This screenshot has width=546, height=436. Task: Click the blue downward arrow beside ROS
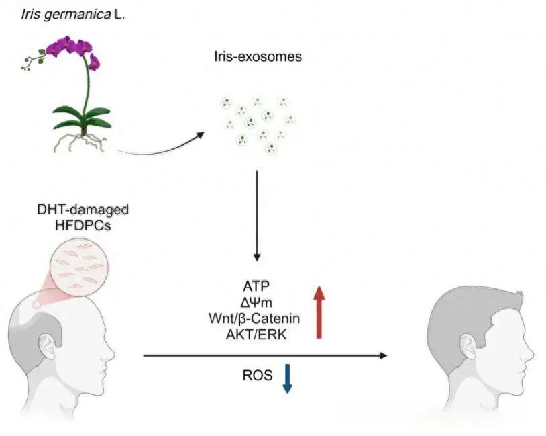[288, 378]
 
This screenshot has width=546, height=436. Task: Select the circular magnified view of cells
[83, 267]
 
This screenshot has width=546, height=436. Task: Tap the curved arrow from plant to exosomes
[161, 148]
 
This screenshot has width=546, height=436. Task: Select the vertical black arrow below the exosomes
[256, 215]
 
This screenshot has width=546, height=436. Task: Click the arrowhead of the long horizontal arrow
[383, 355]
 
